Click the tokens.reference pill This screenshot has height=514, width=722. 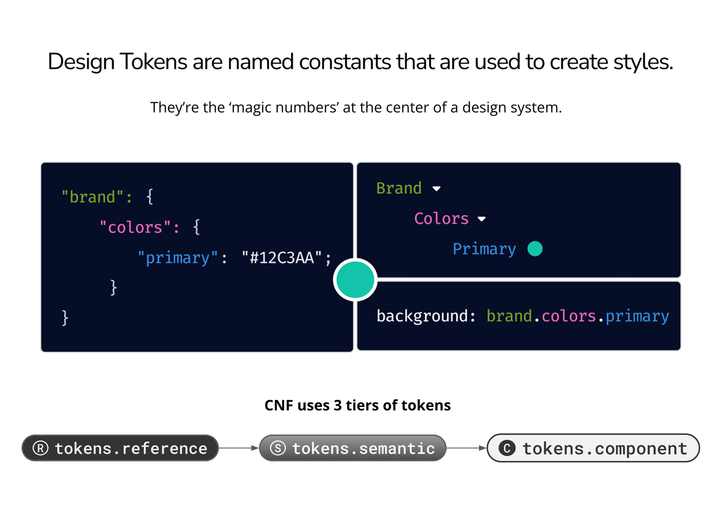point(120,448)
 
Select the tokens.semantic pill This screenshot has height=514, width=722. point(353,448)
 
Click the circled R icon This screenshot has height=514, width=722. point(41,448)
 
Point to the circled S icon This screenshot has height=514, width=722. point(278,448)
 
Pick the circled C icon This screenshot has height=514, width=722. point(507,448)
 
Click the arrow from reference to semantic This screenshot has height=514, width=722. point(239,448)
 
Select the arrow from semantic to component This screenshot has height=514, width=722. point(466,448)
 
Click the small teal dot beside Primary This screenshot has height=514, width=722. point(535,249)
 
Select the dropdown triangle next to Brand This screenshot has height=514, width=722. point(436,188)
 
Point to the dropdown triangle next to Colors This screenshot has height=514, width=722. point(481,219)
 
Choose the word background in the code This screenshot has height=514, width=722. point(422,316)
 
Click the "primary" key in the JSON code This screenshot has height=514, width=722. point(178,258)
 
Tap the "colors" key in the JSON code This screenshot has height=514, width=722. point(135,228)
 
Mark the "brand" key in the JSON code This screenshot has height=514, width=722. point(93,197)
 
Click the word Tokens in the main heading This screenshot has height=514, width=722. point(153,62)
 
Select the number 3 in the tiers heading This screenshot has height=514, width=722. point(337,406)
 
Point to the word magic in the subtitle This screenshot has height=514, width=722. point(252,108)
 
